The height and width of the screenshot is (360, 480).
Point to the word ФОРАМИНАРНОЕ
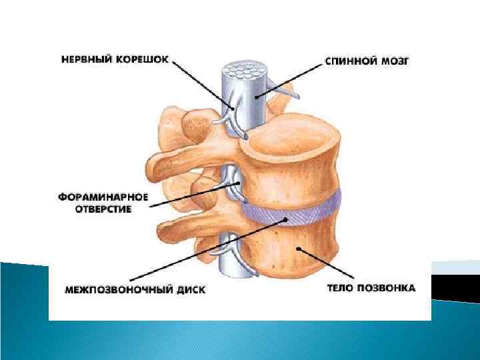tap(104, 198)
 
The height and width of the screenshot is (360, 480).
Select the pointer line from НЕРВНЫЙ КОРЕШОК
tap(200, 83)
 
